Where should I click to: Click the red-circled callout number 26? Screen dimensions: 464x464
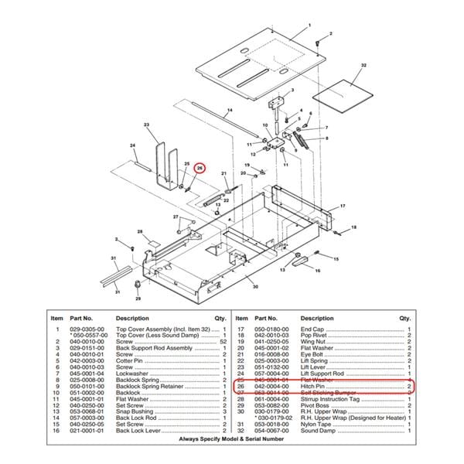click(199, 168)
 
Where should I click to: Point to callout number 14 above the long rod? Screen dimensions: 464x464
click(230, 110)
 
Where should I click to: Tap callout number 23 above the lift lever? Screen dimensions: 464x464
click(146, 125)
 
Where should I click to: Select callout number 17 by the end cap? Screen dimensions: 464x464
click(342, 206)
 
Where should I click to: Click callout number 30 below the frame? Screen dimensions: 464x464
click(256, 287)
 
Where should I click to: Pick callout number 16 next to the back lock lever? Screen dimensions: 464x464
click(317, 270)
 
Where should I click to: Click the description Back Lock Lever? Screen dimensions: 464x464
click(138, 430)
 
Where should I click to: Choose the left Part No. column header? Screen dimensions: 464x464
click(82, 318)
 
